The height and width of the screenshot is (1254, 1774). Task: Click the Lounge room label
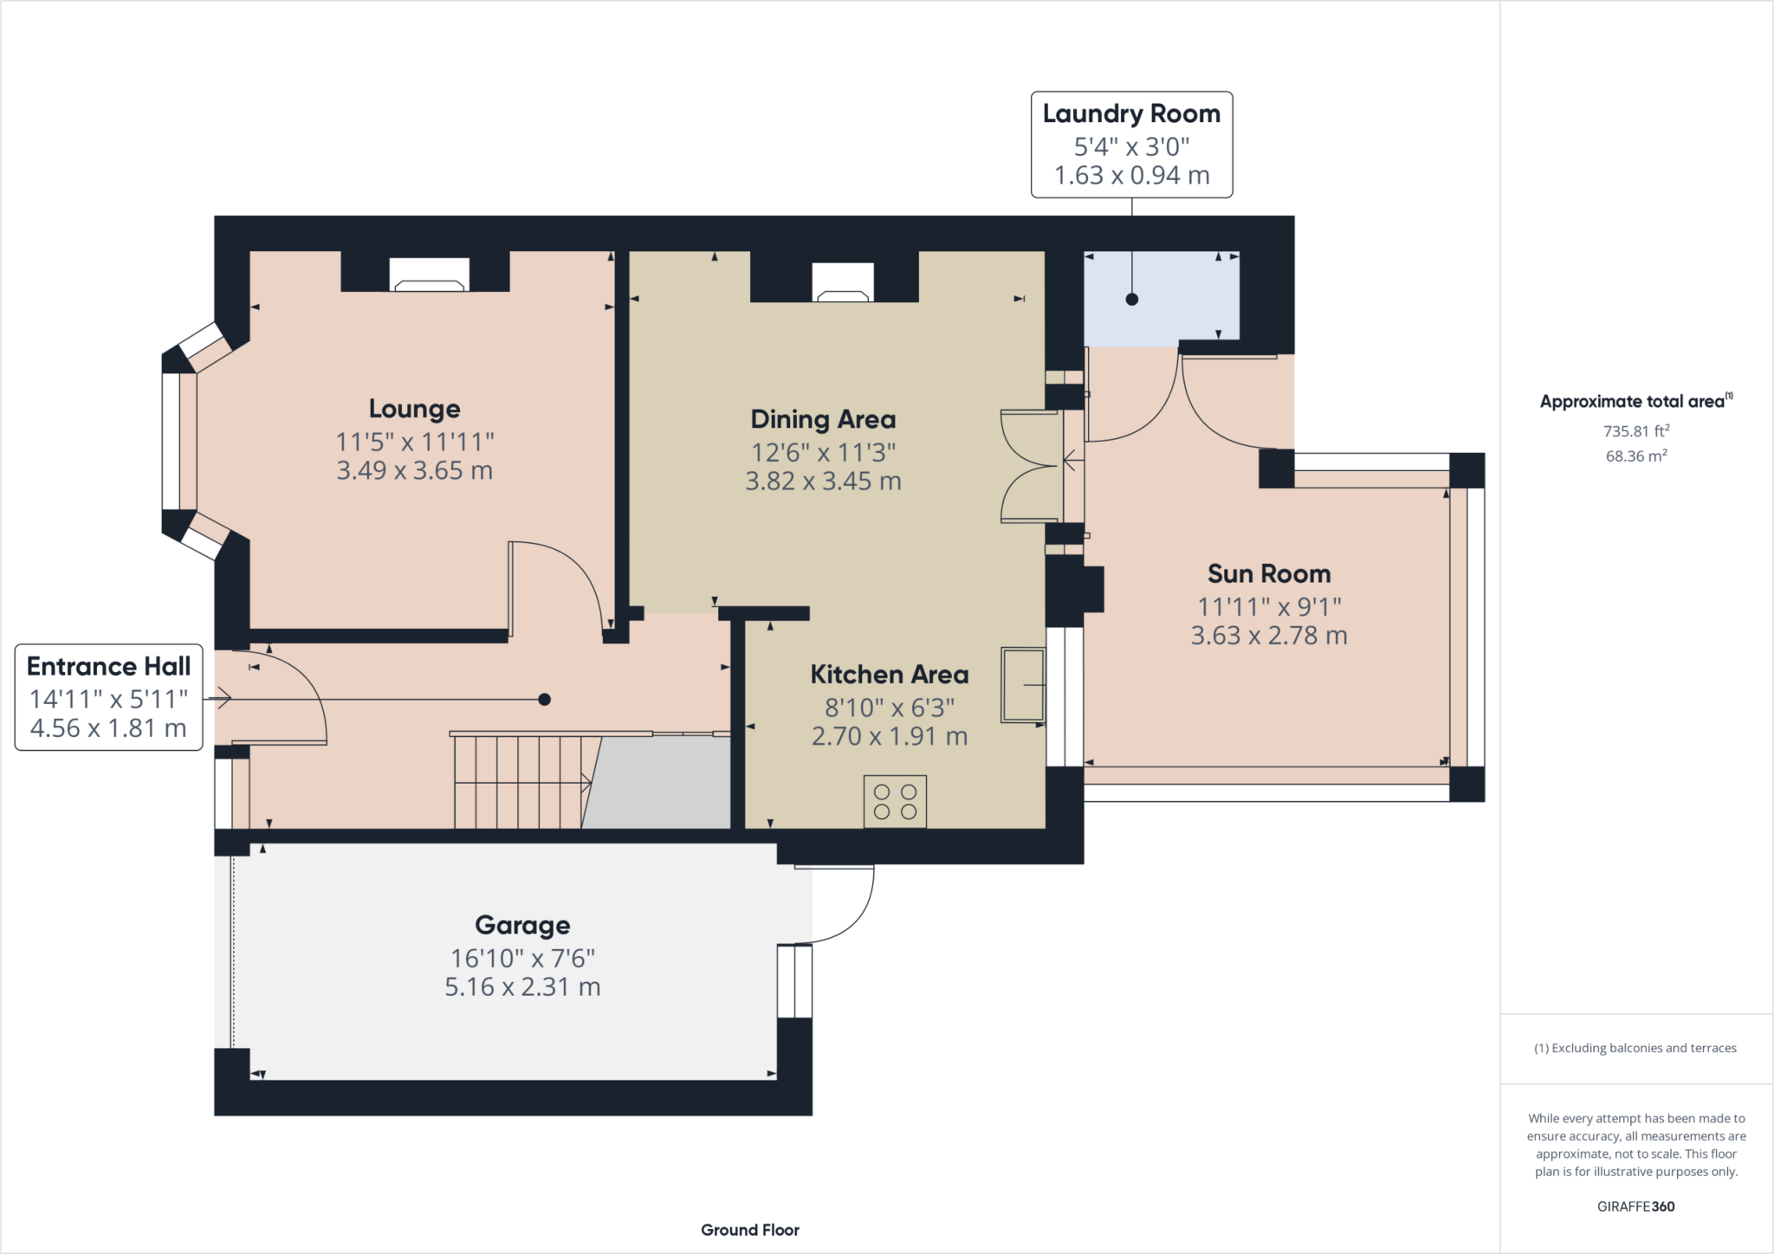point(414,409)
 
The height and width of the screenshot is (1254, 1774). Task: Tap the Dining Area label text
point(823,419)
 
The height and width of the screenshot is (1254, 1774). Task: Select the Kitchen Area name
point(890,675)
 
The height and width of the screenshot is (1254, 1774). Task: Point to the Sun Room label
point(1269,573)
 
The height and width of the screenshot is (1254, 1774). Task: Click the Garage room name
point(522,926)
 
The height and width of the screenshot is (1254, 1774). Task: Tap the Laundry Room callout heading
point(1131,113)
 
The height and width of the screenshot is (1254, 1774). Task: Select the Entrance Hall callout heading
point(109,666)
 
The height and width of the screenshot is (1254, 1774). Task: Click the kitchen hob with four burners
point(895,801)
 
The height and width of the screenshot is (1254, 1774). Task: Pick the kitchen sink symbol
point(1023,684)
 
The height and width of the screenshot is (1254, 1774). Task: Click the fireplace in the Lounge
point(430,275)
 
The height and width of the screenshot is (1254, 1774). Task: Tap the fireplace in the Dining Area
point(843,283)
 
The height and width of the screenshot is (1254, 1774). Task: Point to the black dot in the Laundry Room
point(1132,300)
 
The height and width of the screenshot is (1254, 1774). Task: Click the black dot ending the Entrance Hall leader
point(544,699)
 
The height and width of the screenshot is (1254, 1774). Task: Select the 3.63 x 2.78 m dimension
point(1269,636)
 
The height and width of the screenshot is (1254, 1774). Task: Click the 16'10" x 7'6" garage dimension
point(522,959)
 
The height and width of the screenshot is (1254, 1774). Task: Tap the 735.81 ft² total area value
point(1636,430)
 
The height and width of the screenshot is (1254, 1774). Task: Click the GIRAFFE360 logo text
point(1636,1206)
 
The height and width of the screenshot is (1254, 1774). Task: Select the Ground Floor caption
point(750,1230)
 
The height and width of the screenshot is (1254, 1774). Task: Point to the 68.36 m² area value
point(1636,456)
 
